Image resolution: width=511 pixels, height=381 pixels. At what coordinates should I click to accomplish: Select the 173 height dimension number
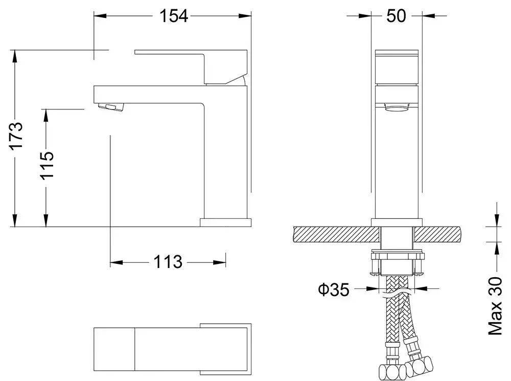[17, 136]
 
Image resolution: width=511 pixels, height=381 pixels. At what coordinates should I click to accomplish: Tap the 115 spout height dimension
[47, 165]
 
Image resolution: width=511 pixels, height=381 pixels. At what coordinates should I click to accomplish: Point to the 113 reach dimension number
[168, 262]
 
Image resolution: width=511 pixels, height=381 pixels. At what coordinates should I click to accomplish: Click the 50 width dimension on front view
[396, 16]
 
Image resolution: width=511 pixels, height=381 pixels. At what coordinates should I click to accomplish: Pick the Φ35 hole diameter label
[334, 290]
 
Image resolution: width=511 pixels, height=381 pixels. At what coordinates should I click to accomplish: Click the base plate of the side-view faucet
[225, 222]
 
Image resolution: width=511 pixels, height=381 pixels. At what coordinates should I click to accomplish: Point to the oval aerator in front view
[397, 107]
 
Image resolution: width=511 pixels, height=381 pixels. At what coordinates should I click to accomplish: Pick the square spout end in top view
[114, 349]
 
